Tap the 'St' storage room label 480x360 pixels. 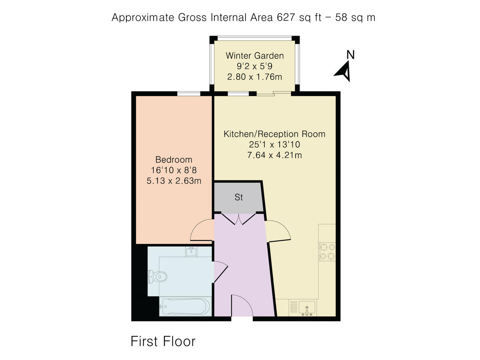pos(239,197)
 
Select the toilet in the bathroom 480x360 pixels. pos(156,276)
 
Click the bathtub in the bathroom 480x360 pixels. pos(184,307)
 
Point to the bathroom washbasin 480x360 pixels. pos(191,251)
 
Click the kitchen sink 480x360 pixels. pos(306,308)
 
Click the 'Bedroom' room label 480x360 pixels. pos(174,160)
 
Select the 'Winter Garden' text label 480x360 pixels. pos(255,56)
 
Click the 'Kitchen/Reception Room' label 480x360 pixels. pos(274,134)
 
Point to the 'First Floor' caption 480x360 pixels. pos(163,341)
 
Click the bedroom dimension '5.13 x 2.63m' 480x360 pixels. pos(174,180)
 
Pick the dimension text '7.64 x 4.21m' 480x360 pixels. pos(274,154)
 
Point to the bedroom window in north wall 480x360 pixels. pos(189,94)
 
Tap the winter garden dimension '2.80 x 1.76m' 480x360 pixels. pos(255,76)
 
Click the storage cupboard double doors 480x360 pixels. pos(238,218)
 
